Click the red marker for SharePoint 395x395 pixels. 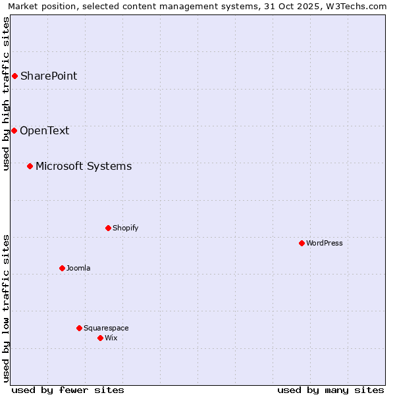(x=14, y=76)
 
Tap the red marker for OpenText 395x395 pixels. (x=14, y=130)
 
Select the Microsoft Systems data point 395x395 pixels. (x=30, y=166)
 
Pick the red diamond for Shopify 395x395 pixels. (x=108, y=228)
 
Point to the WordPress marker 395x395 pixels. (x=302, y=243)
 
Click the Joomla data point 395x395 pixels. (x=62, y=268)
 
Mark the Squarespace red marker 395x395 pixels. (x=79, y=328)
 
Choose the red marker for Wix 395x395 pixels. (x=100, y=338)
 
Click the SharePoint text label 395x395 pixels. (x=49, y=76)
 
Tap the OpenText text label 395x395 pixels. (x=44, y=130)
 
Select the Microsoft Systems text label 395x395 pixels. (x=84, y=166)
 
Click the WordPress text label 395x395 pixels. (x=325, y=243)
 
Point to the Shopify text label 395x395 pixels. (x=125, y=228)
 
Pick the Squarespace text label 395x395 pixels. (x=106, y=328)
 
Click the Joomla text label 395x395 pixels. (x=78, y=268)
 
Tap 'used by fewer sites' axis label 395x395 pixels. (x=67, y=390)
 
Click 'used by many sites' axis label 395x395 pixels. (x=330, y=390)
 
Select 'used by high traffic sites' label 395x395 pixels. (x=6, y=93)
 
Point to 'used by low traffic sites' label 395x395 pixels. (x=6, y=308)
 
